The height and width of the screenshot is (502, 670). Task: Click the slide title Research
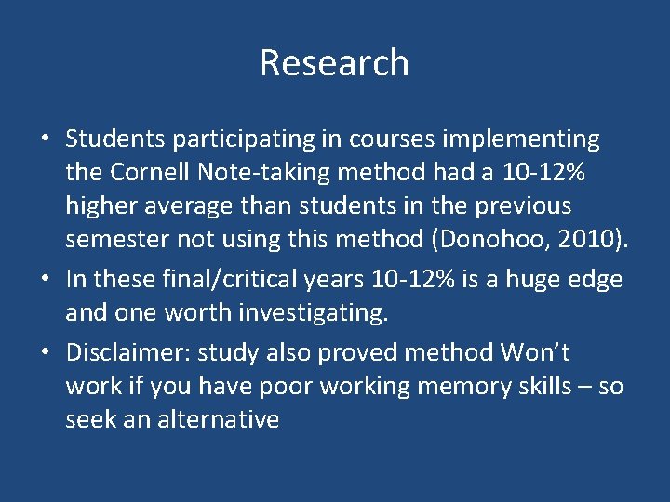pyautogui.click(x=334, y=63)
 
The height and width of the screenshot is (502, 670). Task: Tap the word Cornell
pyautogui.click(x=153, y=172)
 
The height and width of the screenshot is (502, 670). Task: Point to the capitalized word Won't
pyautogui.click(x=535, y=353)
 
